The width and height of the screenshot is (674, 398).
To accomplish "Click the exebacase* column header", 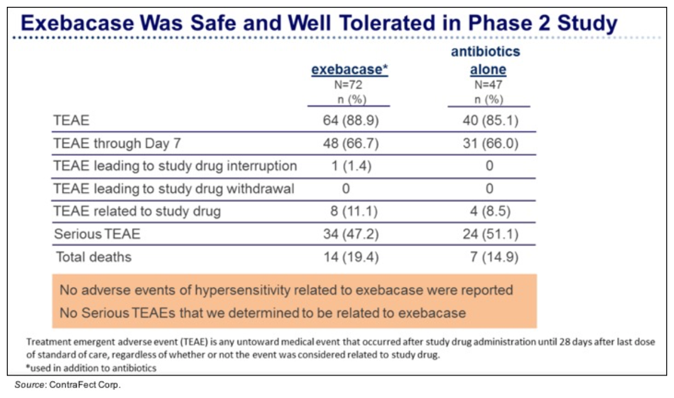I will pyautogui.click(x=349, y=70).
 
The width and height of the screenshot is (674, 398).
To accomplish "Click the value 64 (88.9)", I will pyautogui.click(x=349, y=121).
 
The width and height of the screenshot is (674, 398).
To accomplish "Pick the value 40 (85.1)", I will pyautogui.click(x=489, y=121).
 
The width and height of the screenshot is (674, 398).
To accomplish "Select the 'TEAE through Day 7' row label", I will pyautogui.click(x=117, y=143).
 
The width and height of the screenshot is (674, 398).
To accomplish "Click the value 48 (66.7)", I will pyautogui.click(x=349, y=143).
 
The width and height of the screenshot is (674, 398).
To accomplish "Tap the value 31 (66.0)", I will pyautogui.click(x=489, y=143).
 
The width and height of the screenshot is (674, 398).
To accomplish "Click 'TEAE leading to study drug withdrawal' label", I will pyautogui.click(x=174, y=188).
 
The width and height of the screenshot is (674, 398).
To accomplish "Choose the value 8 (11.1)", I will pyautogui.click(x=349, y=212).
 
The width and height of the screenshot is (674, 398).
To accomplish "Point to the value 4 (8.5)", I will pyautogui.click(x=489, y=212).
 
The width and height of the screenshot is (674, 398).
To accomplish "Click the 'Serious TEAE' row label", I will pyautogui.click(x=97, y=234).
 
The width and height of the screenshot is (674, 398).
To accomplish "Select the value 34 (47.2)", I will pyautogui.click(x=349, y=234).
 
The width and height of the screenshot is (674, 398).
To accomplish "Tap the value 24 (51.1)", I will pyautogui.click(x=489, y=234).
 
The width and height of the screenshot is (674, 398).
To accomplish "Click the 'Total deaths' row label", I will pyautogui.click(x=94, y=257).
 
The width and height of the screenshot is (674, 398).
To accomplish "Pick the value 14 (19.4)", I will pyautogui.click(x=349, y=257).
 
